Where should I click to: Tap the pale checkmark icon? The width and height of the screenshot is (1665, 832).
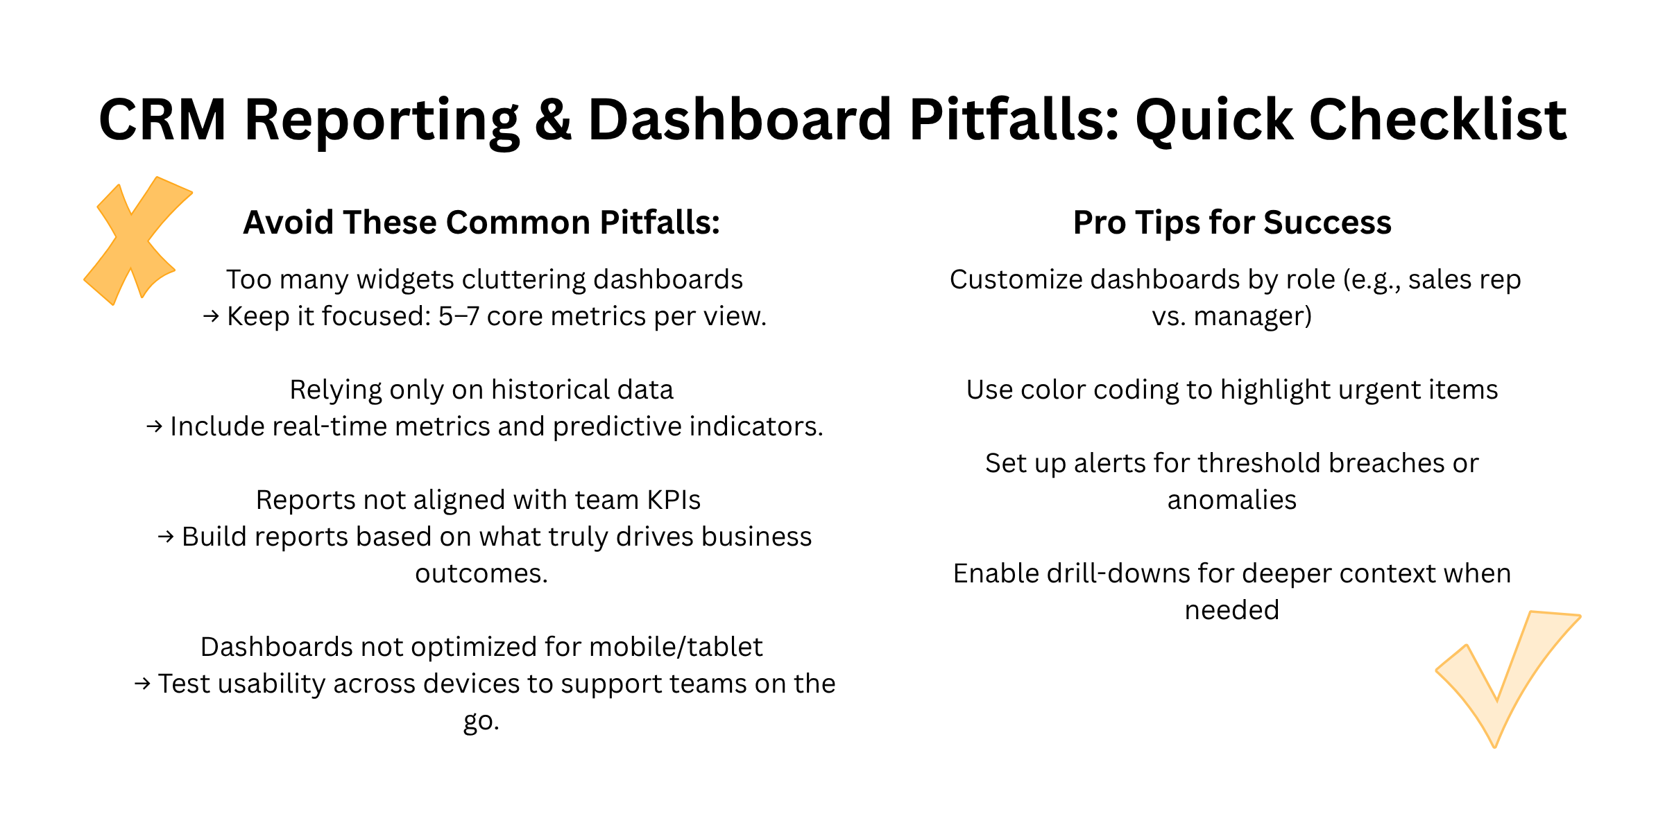coord(1505,676)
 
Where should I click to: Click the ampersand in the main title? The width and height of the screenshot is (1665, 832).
coord(553,120)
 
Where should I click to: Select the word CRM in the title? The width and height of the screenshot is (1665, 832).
coord(162,120)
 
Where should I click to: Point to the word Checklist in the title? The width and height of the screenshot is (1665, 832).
coord(1437,120)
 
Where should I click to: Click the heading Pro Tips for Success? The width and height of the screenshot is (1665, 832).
coord(1232,223)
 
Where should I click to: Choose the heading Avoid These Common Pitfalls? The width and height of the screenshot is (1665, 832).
coord(481,223)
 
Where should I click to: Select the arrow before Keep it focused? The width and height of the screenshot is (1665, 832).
coord(211,317)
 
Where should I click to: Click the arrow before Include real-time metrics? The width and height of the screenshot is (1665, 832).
coord(154,427)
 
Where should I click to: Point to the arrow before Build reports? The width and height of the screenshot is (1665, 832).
coord(165,537)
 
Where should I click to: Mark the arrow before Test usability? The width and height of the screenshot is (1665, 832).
coord(142,684)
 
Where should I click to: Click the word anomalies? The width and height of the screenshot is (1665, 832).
coord(1231,500)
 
